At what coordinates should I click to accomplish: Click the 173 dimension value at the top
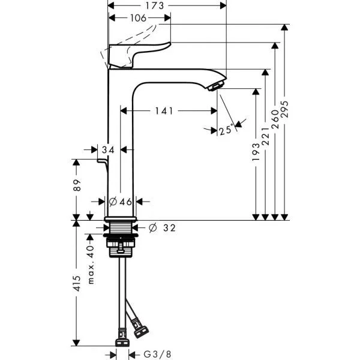pos(155,6)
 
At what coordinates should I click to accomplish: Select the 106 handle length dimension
pos(138,18)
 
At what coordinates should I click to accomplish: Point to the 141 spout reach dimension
pos(164,111)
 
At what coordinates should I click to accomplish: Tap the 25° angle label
pos(226,130)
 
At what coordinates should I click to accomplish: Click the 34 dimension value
pos(108,150)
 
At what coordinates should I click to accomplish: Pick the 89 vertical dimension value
pos(77,185)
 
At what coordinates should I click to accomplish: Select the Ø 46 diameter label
pos(121,202)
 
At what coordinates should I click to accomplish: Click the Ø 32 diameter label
pos(163,228)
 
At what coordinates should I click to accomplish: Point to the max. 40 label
pos(91,265)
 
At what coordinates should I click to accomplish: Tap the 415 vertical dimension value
pos(77,284)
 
